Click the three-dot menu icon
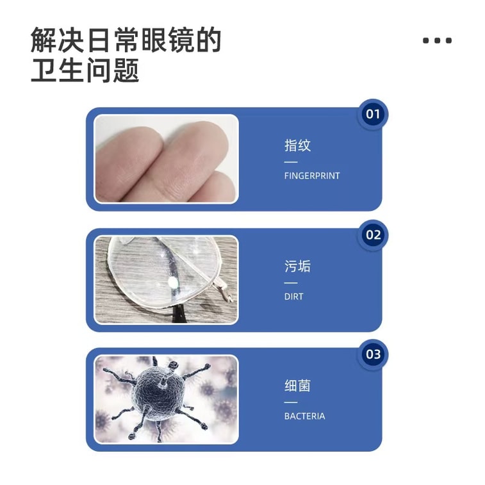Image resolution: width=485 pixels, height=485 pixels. pyautogui.click(x=437, y=40)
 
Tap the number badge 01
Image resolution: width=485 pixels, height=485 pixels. pyautogui.click(x=372, y=115)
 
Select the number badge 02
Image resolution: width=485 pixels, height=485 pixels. pyautogui.click(x=373, y=234)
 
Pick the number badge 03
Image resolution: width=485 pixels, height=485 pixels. pyautogui.click(x=373, y=354)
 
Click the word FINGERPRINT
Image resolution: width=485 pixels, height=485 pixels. pyautogui.click(x=312, y=176)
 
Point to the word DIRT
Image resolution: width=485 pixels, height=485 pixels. pyautogui.click(x=294, y=297)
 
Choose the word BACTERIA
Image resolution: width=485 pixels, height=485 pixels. pyautogui.click(x=304, y=416)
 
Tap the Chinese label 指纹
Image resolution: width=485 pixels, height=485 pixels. pyautogui.click(x=297, y=145)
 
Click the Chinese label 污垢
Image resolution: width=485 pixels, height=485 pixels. pyautogui.click(x=297, y=266)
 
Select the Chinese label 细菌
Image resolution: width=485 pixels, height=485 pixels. pyautogui.click(x=297, y=386)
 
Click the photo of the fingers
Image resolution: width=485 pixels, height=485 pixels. pyautogui.click(x=166, y=159)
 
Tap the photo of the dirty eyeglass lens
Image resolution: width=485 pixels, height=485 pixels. pyautogui.click(x=166, y=279)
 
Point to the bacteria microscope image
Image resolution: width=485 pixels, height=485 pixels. pyautogui.click(x=166, y=399)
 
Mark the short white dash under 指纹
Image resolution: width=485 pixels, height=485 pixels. pyautogui.click(x=291, y=162)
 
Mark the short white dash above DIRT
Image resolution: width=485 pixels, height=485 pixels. pyautogui.click(x=291, y=283)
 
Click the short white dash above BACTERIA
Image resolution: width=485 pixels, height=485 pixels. pyautogui.click(x=291, y=402)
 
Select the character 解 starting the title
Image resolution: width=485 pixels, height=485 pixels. pyautogui.click(x=44, y=40)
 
